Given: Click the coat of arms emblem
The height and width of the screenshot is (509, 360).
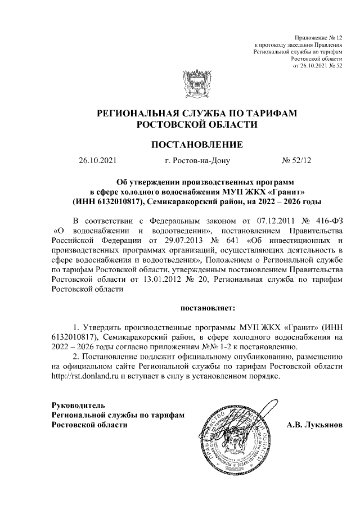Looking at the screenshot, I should [196, 84].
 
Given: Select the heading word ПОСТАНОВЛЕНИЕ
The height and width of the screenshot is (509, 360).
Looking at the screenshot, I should [197, 145].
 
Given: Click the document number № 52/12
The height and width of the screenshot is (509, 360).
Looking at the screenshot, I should [296, 161].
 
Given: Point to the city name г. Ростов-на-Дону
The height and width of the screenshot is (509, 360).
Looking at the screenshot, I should [197, 161].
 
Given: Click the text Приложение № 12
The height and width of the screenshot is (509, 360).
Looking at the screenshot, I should [318, 36].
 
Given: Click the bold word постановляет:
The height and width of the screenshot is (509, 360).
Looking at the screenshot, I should [208, 308].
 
